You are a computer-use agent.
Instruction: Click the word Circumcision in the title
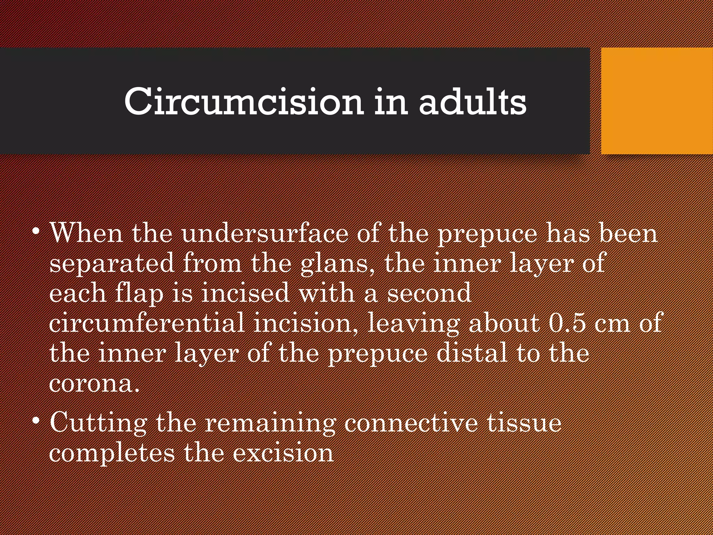pos(244,102)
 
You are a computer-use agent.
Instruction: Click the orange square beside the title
pos(657,101)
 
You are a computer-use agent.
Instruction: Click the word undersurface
pos(265,233)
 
